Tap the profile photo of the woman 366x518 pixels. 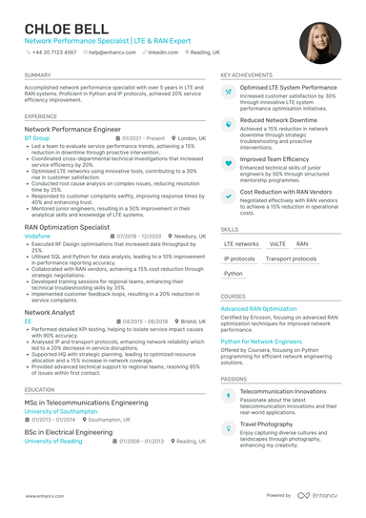pyautogui.click(x=319, y=43)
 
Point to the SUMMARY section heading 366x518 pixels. pyautogui.click(x=38, y=74)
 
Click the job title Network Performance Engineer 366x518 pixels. pyautogui.click(x=72, y=128)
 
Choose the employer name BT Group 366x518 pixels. pyautogui.click(x=38, y=137)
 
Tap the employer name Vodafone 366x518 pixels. pyautogui.click(x=39, y=236)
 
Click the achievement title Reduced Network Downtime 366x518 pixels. pyautogui.click(x=279, y=121)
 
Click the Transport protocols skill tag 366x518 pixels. pyautogui.click(x=291, y=259)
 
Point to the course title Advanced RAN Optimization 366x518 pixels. pyautogui.click(x=259, y=309)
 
